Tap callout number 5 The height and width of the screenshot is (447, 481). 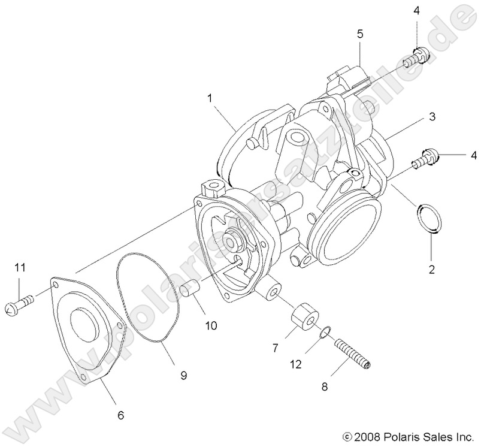coord(359,34)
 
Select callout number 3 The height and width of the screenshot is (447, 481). coord(431,118)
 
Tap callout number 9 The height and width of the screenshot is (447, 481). coord(184,376)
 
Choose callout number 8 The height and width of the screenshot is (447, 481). coord(325,387)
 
